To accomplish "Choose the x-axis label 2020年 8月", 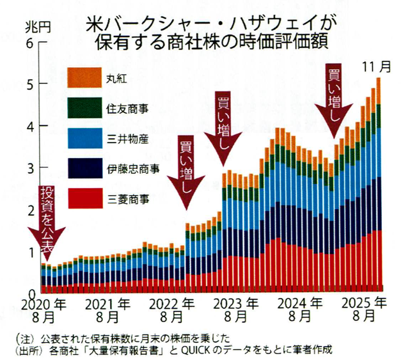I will (44, 309).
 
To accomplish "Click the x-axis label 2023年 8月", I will (237, 309).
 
